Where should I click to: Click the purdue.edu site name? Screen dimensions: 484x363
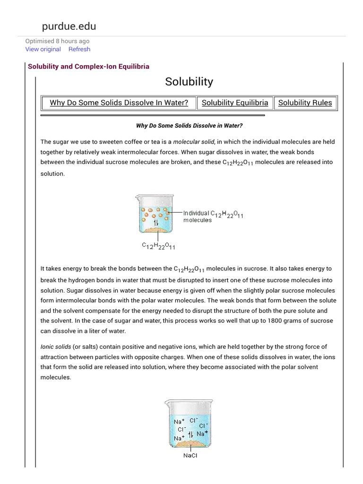(x=69, y=26)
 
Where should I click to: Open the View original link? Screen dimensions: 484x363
(x=43, y=49)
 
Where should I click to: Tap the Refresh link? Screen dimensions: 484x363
(x=79, y=49)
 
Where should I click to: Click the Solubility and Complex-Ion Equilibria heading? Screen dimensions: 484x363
(x=88, y=66)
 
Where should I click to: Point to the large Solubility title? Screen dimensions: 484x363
(x=189, y=82)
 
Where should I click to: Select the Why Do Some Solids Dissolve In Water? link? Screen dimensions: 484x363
(x=119, y=103)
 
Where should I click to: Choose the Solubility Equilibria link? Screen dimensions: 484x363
(x=234, y=103)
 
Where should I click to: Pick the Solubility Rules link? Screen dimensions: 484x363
(x=305, y=103)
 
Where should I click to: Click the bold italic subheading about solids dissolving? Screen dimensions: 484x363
(x=189, y=126)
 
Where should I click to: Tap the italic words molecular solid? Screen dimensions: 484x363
(x=194, y=141)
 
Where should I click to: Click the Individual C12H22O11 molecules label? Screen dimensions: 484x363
(x=213, y=216)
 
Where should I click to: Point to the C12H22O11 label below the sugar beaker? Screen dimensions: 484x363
(x=158, y=246)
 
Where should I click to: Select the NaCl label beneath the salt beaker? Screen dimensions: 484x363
(x=190, y=456)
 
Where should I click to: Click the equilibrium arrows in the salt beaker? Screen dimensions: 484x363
(x=190, y=434)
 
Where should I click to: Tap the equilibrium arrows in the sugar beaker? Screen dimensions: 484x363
(x=156, y=222)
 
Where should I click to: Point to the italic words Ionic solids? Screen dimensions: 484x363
(x=56, y=346)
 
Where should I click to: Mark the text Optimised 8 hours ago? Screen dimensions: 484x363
(x=57, y=41)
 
